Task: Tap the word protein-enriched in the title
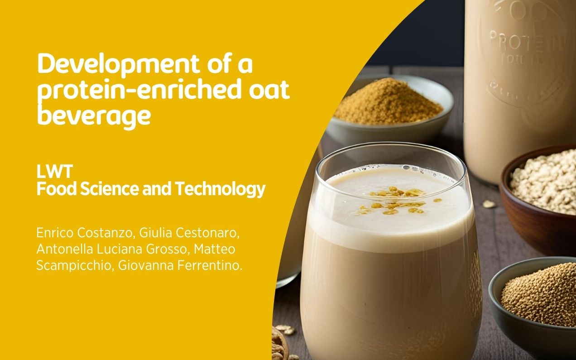(x=130, y=91)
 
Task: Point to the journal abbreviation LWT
(x=55, y=172)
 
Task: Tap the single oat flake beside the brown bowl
(x=489, y=204)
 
